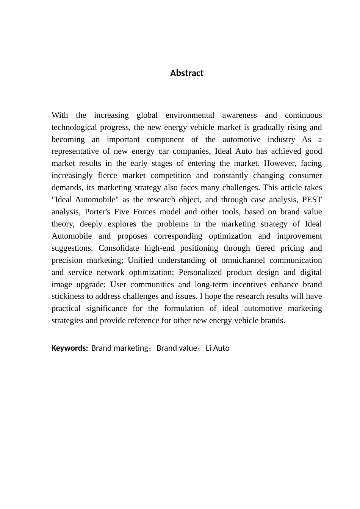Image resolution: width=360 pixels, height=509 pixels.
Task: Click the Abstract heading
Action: pos(186,73)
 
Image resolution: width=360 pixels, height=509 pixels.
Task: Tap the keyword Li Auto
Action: pos(218,348)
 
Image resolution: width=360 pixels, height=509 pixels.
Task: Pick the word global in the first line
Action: pos(147,115)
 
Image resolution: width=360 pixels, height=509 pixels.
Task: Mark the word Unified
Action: pos(141,260)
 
